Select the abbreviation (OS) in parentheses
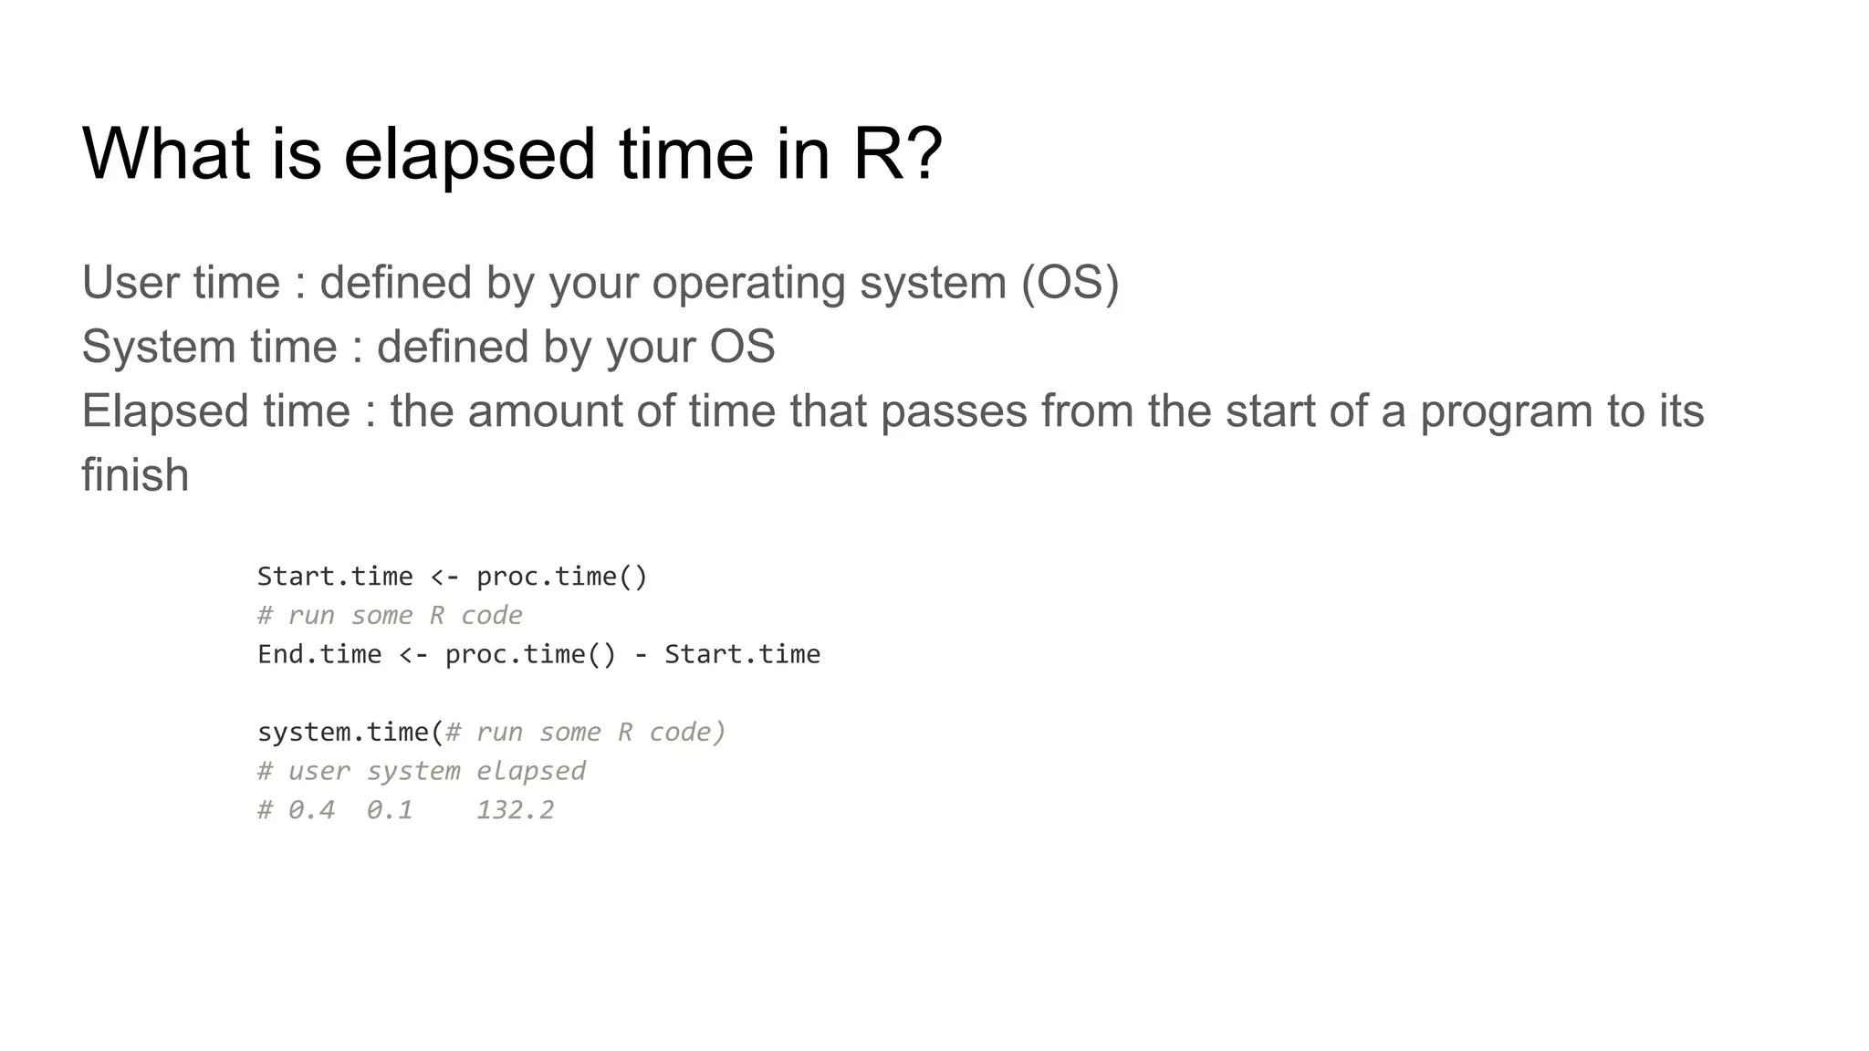click(1070, 282)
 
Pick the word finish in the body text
click(135, 475)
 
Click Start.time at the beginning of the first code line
click(334, 577)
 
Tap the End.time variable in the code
click(319, 654)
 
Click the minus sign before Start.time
click(641, 655)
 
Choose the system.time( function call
click(350, 733)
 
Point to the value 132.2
click(515, 810)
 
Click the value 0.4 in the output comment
click(311, 810)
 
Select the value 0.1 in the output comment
click(390, 810)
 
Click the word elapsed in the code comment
click(530, 772)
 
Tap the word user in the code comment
click(318, 772)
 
